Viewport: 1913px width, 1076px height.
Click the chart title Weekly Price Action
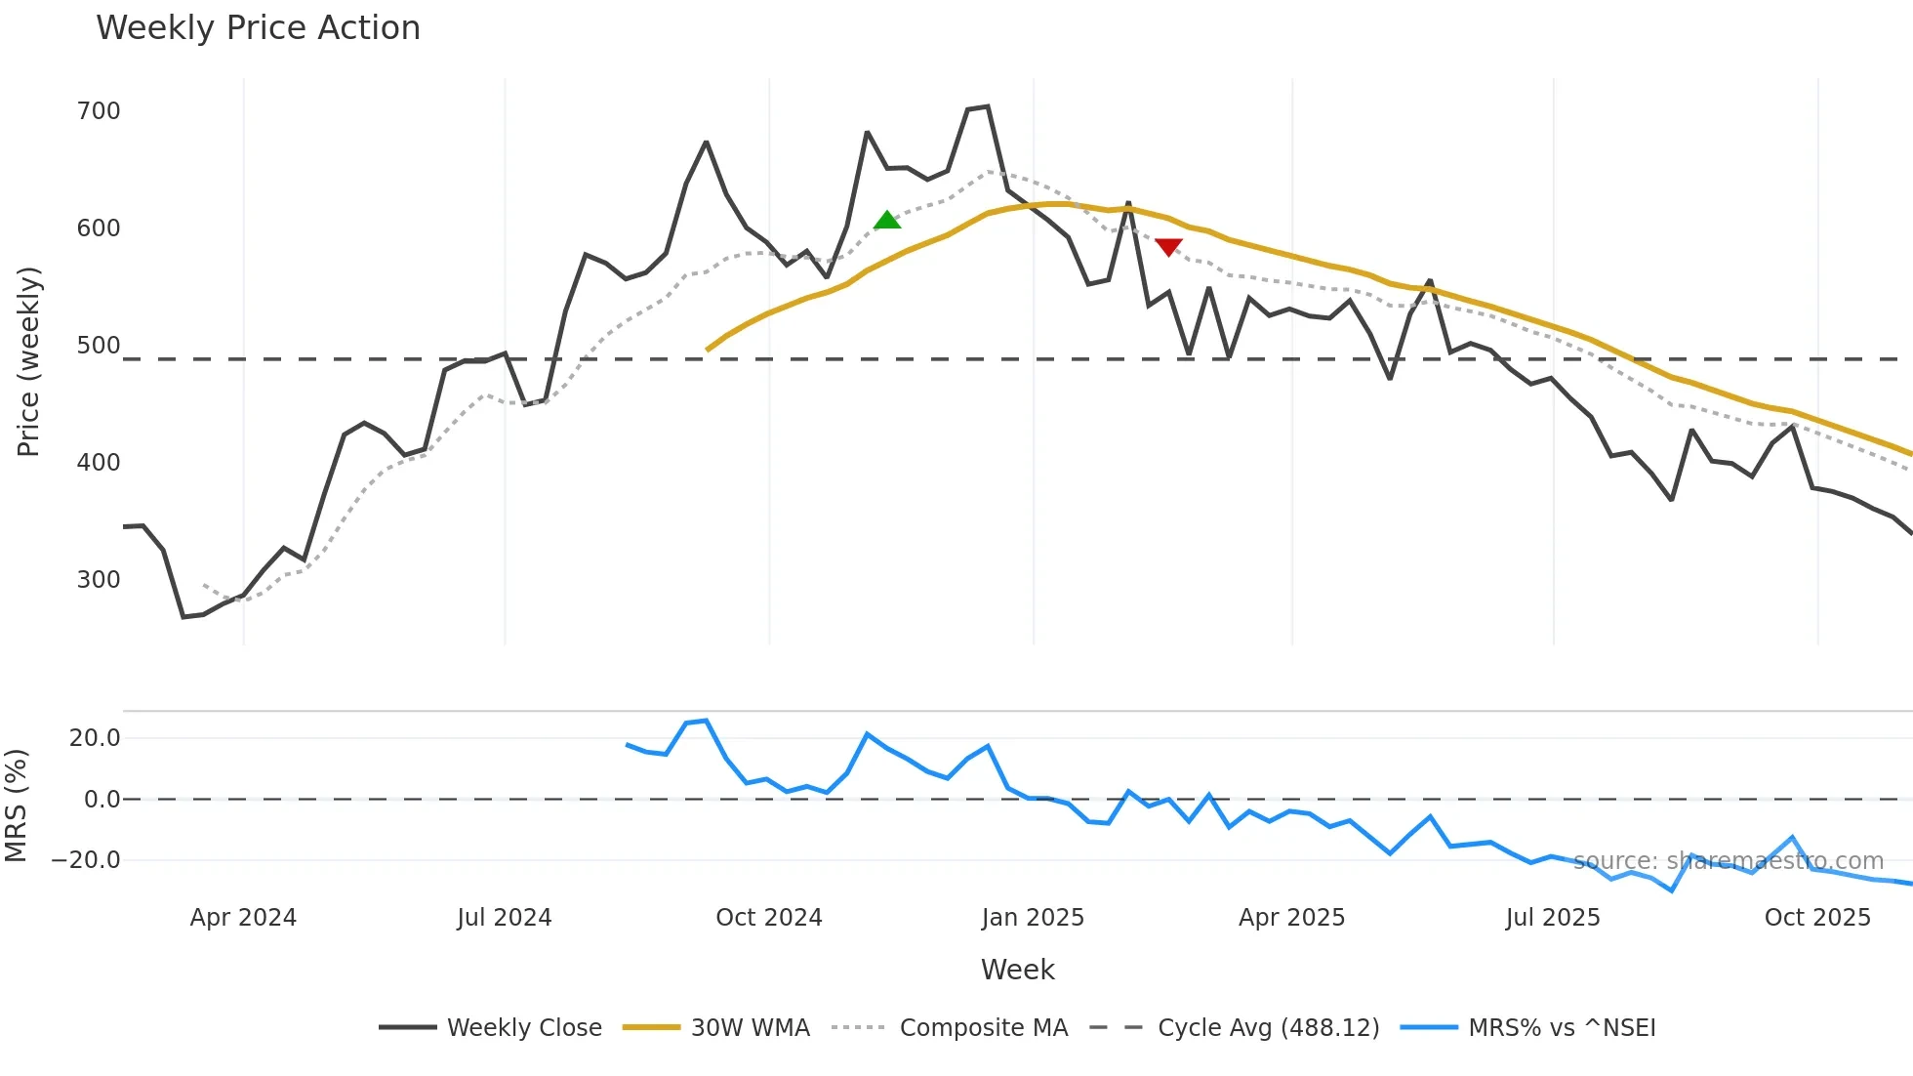[x=258, y=28]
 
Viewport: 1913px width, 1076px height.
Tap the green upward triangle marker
[x=886, y=221]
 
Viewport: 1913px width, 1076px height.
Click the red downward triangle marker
[x=1168, y=247]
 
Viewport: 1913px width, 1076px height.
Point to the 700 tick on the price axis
[x=99, y=111]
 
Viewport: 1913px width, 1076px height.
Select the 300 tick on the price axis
[x=99, y=580]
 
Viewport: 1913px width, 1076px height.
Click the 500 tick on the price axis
[x=99, y=346]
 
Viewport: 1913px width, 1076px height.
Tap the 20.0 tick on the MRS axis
[x=95, y=738]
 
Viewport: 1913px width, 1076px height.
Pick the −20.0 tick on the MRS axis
[x=86, y=860]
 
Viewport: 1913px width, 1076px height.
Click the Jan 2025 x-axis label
[x=1033, y=918]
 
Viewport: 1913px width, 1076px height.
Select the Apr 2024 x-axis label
[x=243, y=918]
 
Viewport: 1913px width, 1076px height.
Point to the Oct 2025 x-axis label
[x=1817, y=918]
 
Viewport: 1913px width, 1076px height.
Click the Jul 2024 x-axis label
[x=505, y=918]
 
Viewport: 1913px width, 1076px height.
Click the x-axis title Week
[x=1017, y=970]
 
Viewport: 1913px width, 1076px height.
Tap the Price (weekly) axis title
[x=28, y=361]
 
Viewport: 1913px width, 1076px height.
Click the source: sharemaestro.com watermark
[x=1728, y=861]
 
